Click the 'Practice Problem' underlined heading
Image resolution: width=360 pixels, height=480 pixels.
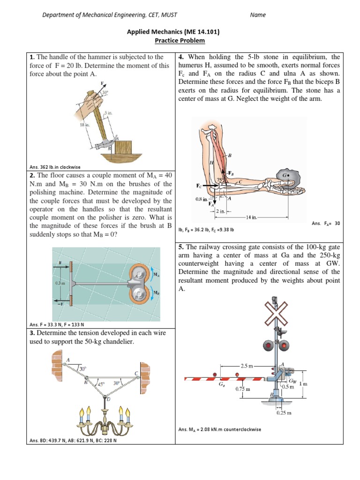[x=180, y=41]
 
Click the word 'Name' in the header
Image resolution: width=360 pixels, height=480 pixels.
[x=258, y=15]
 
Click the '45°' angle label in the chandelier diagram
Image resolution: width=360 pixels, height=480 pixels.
[x=100, y=384]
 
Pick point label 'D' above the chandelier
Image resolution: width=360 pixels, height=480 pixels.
[x=108, y=399]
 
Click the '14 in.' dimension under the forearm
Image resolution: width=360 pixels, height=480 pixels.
[x=251, y=217]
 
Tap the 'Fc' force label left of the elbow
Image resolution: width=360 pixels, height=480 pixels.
[x=199, y=186]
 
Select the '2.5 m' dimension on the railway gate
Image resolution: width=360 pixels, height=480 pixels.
[x=247, y=365]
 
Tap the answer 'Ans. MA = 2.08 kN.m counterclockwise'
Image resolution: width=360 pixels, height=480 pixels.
[x=220, y=429]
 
